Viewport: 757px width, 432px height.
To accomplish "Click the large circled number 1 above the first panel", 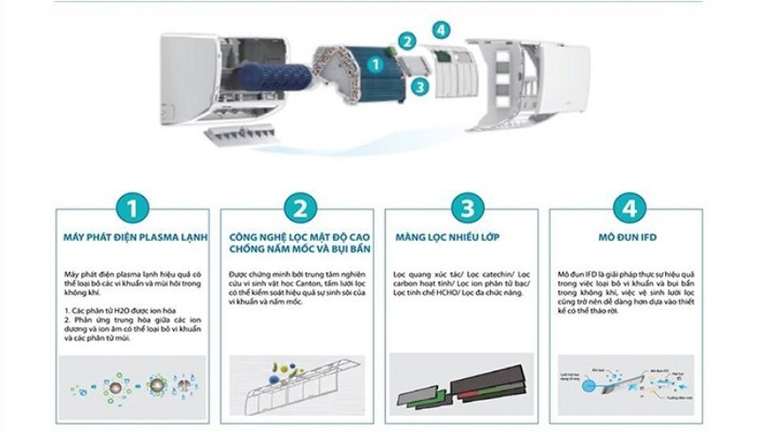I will (x=132, y=207).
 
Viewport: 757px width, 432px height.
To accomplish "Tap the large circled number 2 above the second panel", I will (x=300, y=207).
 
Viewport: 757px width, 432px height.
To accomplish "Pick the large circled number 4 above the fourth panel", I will (x=628, y=207).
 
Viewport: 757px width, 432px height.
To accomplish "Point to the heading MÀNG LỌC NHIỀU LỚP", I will (x=448, y=237).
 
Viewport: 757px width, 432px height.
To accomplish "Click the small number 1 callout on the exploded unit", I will (x=376, y=65).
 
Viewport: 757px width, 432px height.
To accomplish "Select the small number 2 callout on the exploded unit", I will (x=407, y=41).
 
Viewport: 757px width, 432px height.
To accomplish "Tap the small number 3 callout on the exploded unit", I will (x=419, y=85).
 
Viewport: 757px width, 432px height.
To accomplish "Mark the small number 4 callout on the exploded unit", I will (x=441, y=29).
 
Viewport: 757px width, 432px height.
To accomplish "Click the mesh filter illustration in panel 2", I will (x=300, y=388).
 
